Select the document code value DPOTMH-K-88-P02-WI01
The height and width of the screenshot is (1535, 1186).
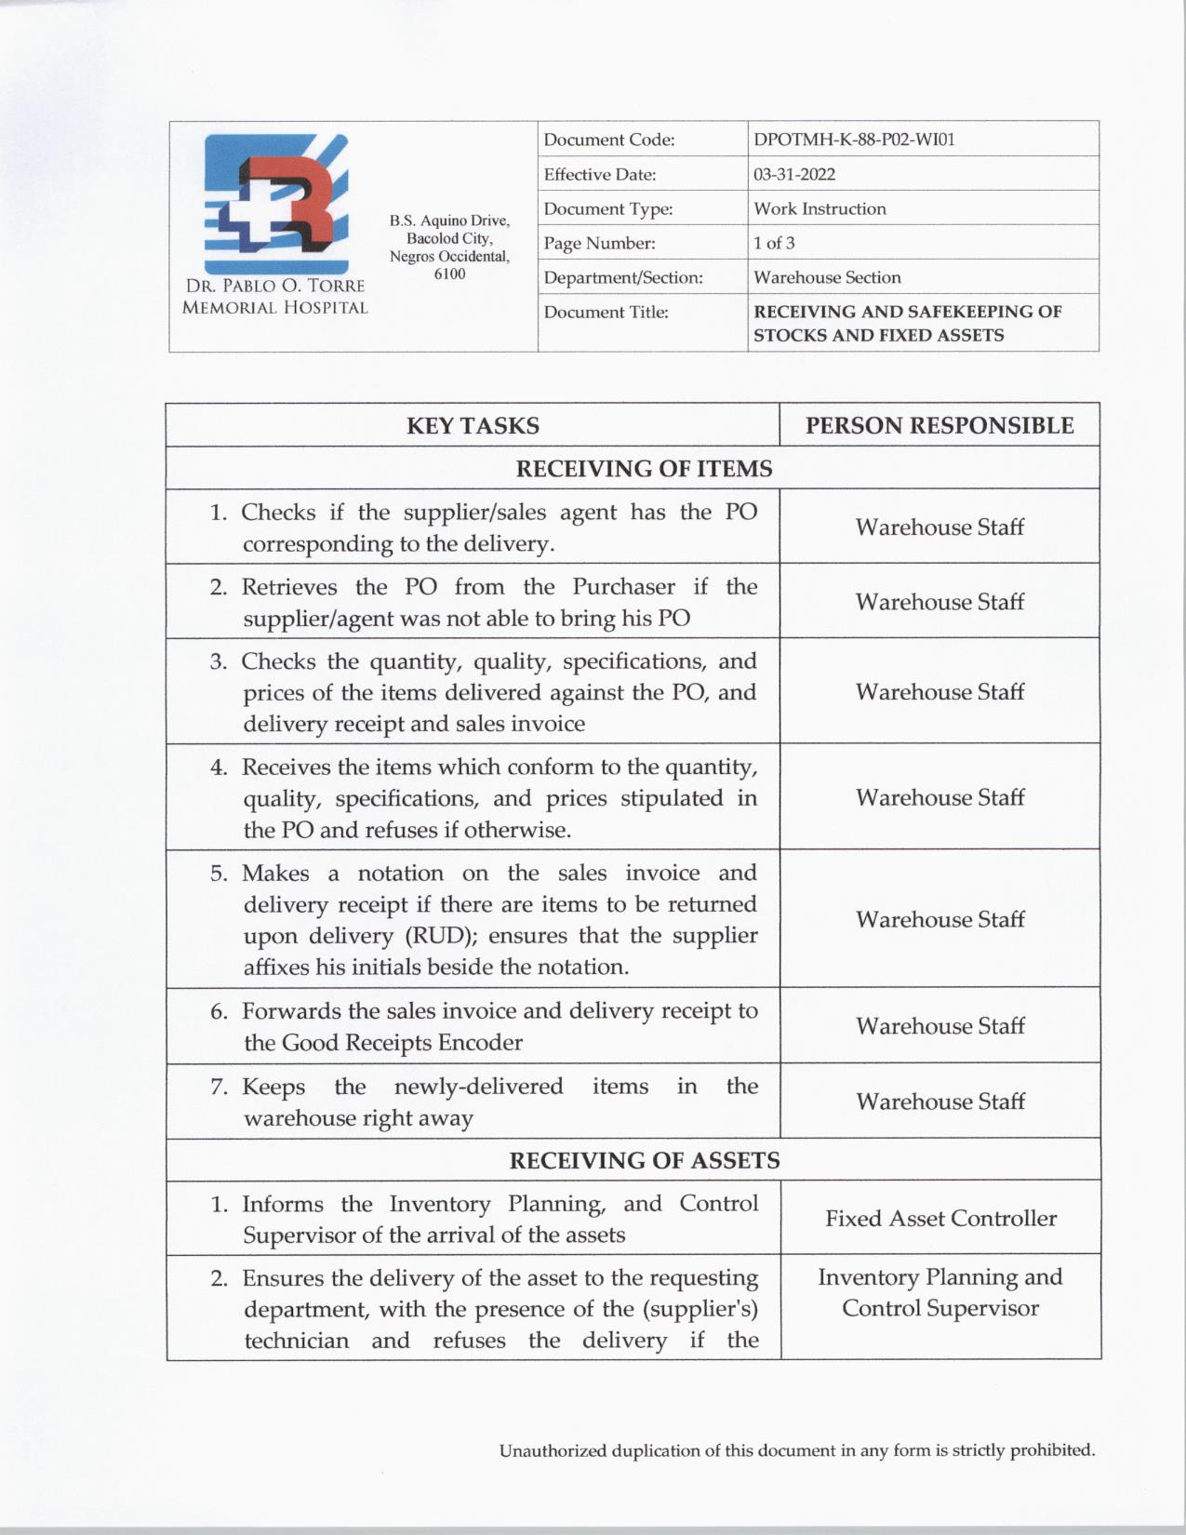[x=854, y=140]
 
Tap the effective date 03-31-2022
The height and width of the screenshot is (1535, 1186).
[x=794, y=174]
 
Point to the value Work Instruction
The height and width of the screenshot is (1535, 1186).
[x=820, y=208]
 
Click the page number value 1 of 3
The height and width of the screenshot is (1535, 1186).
[x=774, y=243]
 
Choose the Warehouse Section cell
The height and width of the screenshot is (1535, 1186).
[x=827, y=277]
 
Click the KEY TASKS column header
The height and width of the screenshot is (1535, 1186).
[x=473, y=425]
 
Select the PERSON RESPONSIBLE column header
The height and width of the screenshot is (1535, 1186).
[x=939, y=425]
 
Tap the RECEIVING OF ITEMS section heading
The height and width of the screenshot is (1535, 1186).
[x=644, y=468]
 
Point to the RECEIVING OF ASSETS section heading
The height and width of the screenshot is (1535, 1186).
[x=644, y=1160]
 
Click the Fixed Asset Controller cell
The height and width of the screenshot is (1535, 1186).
[x=940, y=1219]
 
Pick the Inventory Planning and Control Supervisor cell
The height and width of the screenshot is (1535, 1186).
[x=940, y=1292]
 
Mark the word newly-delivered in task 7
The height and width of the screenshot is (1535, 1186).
[x=478, y=1087]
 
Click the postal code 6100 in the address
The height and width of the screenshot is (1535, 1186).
[x=449, y=274]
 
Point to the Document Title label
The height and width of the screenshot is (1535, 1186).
[x=606, y=312]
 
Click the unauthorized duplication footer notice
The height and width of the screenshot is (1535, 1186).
[x=797, y=1449]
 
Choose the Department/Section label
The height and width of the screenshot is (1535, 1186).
[x=623, y=277]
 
